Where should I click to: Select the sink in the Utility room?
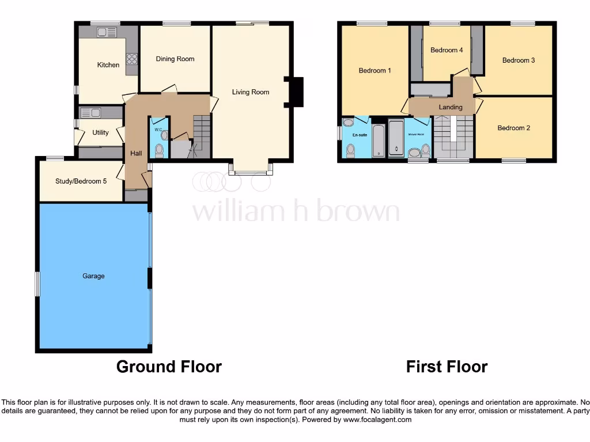(90, 112)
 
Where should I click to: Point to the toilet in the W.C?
(159, 151)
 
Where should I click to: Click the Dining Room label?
(175, 59)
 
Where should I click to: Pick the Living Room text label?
(251, 92)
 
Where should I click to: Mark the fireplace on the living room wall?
(297, 92)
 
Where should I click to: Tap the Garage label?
(93, 276)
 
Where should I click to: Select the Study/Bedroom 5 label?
(81, 181)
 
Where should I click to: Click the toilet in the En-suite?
(350, 150)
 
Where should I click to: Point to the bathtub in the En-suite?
(379, 139)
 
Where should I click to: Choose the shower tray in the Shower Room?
(396, 138)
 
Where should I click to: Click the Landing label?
(451, 107)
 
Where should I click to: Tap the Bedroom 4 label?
(447, 50)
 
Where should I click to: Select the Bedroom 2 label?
(513, 128)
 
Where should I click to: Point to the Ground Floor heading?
(169, 367)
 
